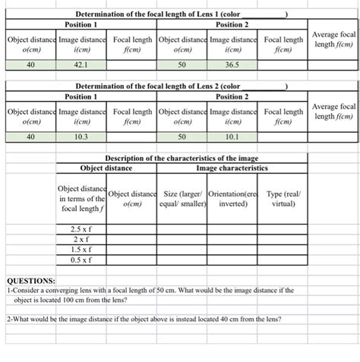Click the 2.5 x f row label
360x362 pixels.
click(x=81, y=228)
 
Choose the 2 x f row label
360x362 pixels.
click(x=81, y=238)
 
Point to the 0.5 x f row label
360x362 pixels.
click(x=81, y=259)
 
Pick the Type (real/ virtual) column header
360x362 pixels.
click(x=283, y=198)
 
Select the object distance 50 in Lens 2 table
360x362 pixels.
click(x=182, y=137)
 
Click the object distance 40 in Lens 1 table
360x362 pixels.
click(x=30, y=65)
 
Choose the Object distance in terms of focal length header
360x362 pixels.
click(x=81, y=197)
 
